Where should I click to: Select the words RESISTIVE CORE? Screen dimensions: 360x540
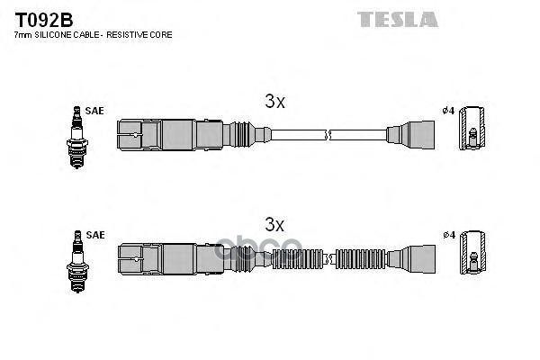[142, 34]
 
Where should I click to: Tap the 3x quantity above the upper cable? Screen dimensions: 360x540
[274, 103]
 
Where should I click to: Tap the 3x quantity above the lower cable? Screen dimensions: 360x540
[274, 222]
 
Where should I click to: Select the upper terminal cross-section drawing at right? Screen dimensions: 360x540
[472, 134]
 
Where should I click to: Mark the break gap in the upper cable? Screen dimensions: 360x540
[329, 135]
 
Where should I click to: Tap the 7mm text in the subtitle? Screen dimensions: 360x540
[23, 34]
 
